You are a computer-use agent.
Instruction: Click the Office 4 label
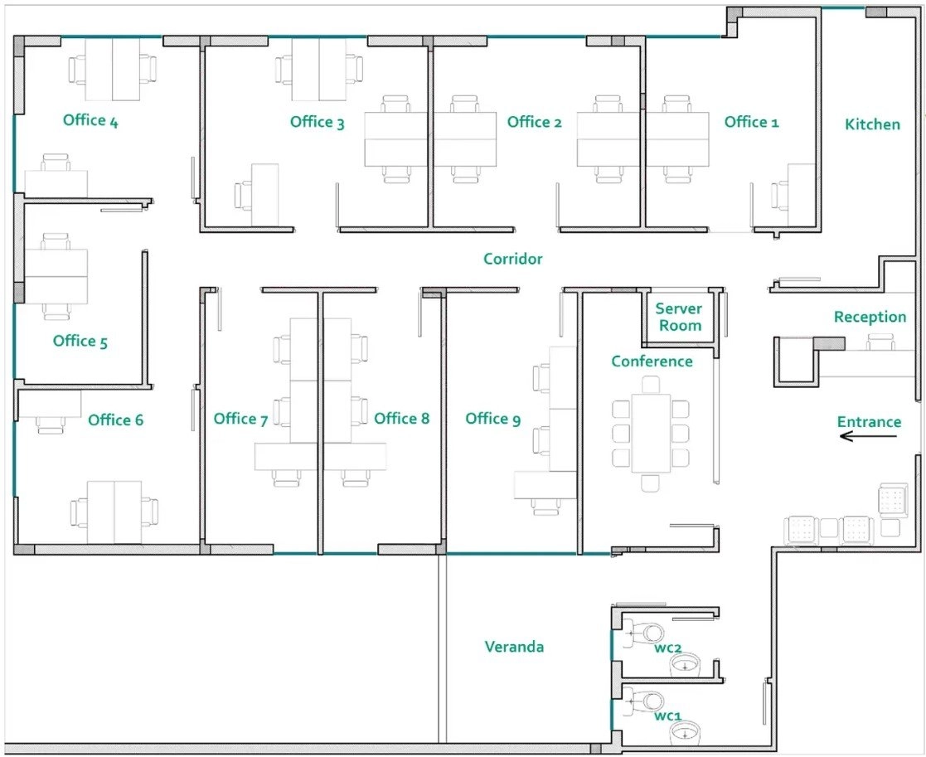click(90, 120)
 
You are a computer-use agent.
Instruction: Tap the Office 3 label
click(318, 122)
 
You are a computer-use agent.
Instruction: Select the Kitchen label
click(872, 124)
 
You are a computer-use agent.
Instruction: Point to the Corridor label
click(512, 259)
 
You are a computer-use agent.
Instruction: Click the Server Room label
click(679, 317)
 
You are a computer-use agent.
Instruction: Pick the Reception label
click(870, 317)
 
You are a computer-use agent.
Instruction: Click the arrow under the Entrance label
click(868, 436)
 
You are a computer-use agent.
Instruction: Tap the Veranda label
click(514, 647)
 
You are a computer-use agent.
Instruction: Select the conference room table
click(651, 434)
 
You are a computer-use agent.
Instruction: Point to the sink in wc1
click(685, 733)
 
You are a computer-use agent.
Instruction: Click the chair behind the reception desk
click(880, 342)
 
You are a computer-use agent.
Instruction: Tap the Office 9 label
click(493, 419)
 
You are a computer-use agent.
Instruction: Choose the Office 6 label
click(116, 420)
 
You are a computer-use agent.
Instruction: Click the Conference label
click(652, 361)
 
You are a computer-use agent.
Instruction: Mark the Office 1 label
click(751, 122)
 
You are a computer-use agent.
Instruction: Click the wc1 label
click(668, 716)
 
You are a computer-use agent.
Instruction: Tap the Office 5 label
click(80, 342)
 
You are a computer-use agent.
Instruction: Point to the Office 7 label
click(241, 419)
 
